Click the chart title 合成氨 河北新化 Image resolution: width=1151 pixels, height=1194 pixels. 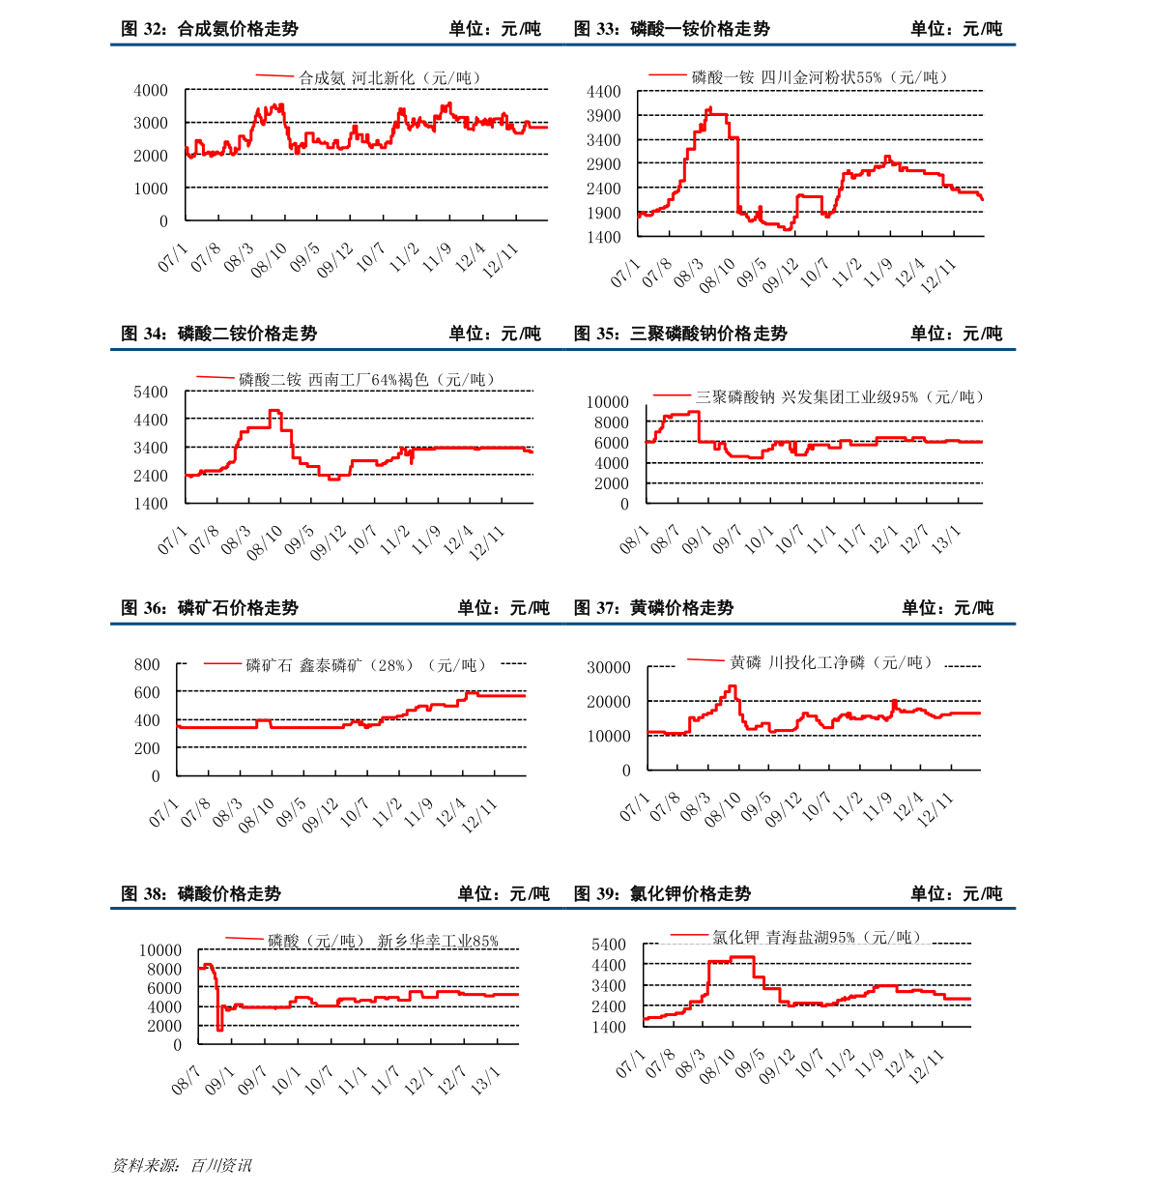pos(389,78)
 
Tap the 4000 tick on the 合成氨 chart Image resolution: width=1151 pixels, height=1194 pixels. pos(151,90)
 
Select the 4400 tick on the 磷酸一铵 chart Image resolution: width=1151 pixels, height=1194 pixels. pos(604,92)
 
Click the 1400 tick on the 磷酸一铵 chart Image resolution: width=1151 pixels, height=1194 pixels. pos(604,237)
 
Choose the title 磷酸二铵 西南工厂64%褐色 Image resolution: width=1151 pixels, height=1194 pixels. pos(366,380)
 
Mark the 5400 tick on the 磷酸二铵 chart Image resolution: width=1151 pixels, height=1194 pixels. pos(151,392)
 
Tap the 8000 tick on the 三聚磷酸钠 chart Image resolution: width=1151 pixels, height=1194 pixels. pos(611,422)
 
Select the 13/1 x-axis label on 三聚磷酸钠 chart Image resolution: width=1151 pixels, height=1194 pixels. pos(946,538)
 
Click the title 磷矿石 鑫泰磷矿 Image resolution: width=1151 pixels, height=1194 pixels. pos(366,665)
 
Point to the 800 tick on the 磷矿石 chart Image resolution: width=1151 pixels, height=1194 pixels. pos(148,664)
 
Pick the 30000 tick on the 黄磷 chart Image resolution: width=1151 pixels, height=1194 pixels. pos(609,667)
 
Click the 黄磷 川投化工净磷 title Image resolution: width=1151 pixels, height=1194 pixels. pos(831,662)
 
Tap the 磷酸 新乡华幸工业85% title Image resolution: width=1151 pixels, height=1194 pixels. pos(384,941)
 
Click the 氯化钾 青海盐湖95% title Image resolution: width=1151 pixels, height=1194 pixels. pos(817,937)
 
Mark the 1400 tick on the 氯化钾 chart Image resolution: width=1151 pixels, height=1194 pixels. pos(609,1027)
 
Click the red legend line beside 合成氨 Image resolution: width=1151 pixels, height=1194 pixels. pos(274,75)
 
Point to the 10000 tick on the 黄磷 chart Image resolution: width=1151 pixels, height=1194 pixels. pos(609,736)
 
